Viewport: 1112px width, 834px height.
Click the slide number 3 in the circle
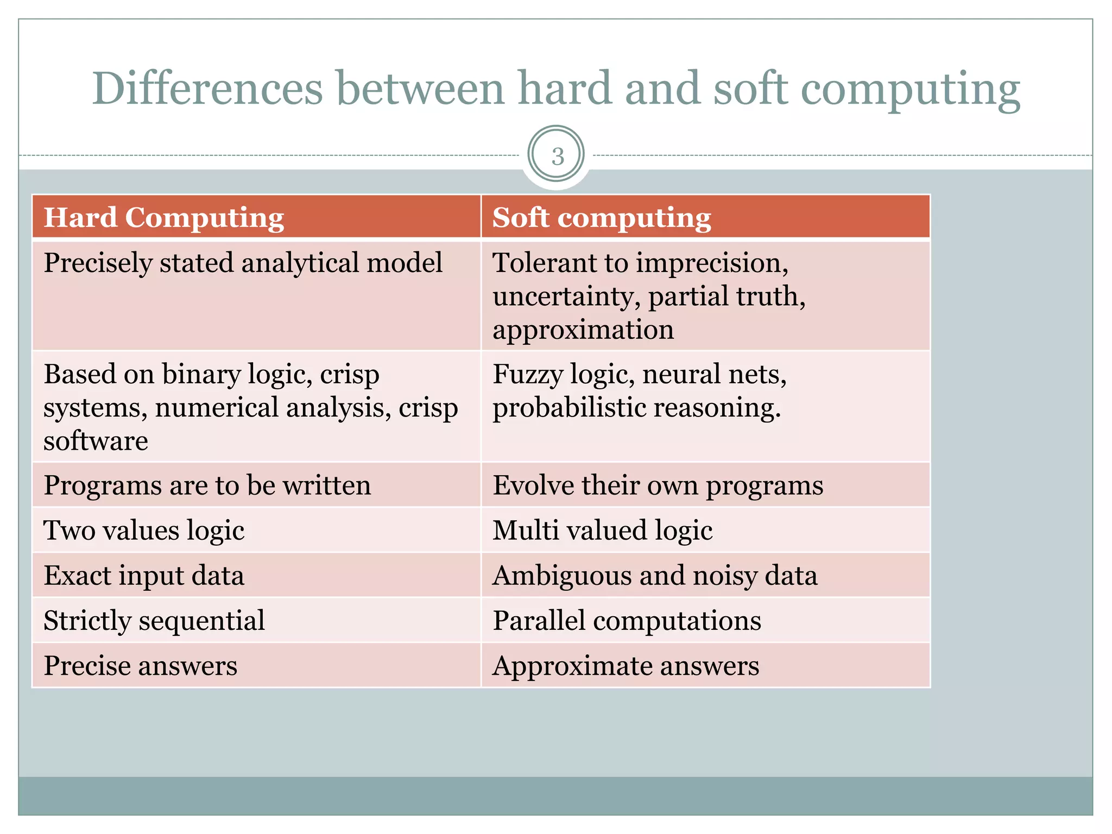point(557,156)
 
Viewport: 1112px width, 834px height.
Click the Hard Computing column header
point(163,218)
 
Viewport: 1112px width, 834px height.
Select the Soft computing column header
point(601,218)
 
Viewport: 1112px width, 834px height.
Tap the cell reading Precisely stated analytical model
point(243,263)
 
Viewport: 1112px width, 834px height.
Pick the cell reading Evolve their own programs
point(658,485)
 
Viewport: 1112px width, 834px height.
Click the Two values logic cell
point(144,530)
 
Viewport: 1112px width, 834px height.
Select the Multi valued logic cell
point(602,530)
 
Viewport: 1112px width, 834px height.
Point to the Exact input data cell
point(144,576)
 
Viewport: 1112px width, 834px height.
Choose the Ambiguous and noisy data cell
point(654,576)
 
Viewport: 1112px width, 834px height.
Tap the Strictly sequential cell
point(154,621)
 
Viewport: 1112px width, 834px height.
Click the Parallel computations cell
point(627,621)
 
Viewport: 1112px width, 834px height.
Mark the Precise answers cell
point(140,666)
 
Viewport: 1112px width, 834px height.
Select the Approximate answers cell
point(625,666)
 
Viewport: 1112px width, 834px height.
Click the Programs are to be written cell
point(207,485)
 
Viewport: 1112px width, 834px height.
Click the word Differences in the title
point(207,88)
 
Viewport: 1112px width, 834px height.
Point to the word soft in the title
point(750,88)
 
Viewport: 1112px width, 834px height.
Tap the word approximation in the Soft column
point(583,330)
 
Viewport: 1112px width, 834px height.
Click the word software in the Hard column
point(96,441)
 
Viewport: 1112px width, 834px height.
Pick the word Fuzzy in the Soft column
point(527,375)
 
